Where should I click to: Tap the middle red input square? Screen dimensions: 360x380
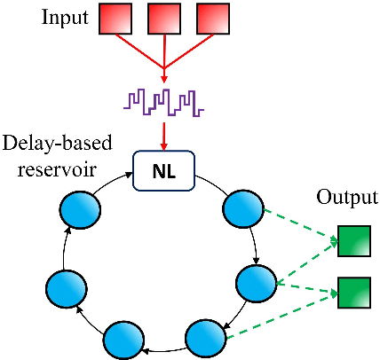[x=165, y=19]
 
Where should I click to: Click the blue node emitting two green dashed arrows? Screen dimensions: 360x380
[x=257, y=284]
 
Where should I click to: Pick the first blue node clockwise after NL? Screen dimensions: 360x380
[x=242, y=210]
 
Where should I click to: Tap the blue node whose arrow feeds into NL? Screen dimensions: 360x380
[x=77, y=210]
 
